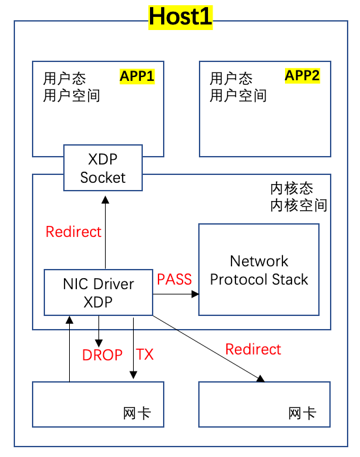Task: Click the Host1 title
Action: point(180,17)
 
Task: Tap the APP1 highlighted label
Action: point(137,76)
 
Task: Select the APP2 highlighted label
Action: point(303,76)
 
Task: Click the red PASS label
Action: point(175,279)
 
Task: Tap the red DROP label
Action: point(102,355)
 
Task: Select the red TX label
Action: point(145,355)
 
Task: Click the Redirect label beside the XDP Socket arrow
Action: point(74,232)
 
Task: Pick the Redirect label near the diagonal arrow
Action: point(253,349)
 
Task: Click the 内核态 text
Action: point(292,189)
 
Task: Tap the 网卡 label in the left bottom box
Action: point(136,413)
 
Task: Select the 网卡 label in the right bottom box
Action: point(303,413)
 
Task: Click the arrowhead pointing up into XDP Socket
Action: point(106,200)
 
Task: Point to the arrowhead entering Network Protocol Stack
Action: point(195,294)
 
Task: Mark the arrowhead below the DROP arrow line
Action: point(99,343)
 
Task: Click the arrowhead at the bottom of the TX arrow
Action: point(134,375)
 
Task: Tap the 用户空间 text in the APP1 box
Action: point(72,96)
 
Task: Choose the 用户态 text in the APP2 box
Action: point(232,79)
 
